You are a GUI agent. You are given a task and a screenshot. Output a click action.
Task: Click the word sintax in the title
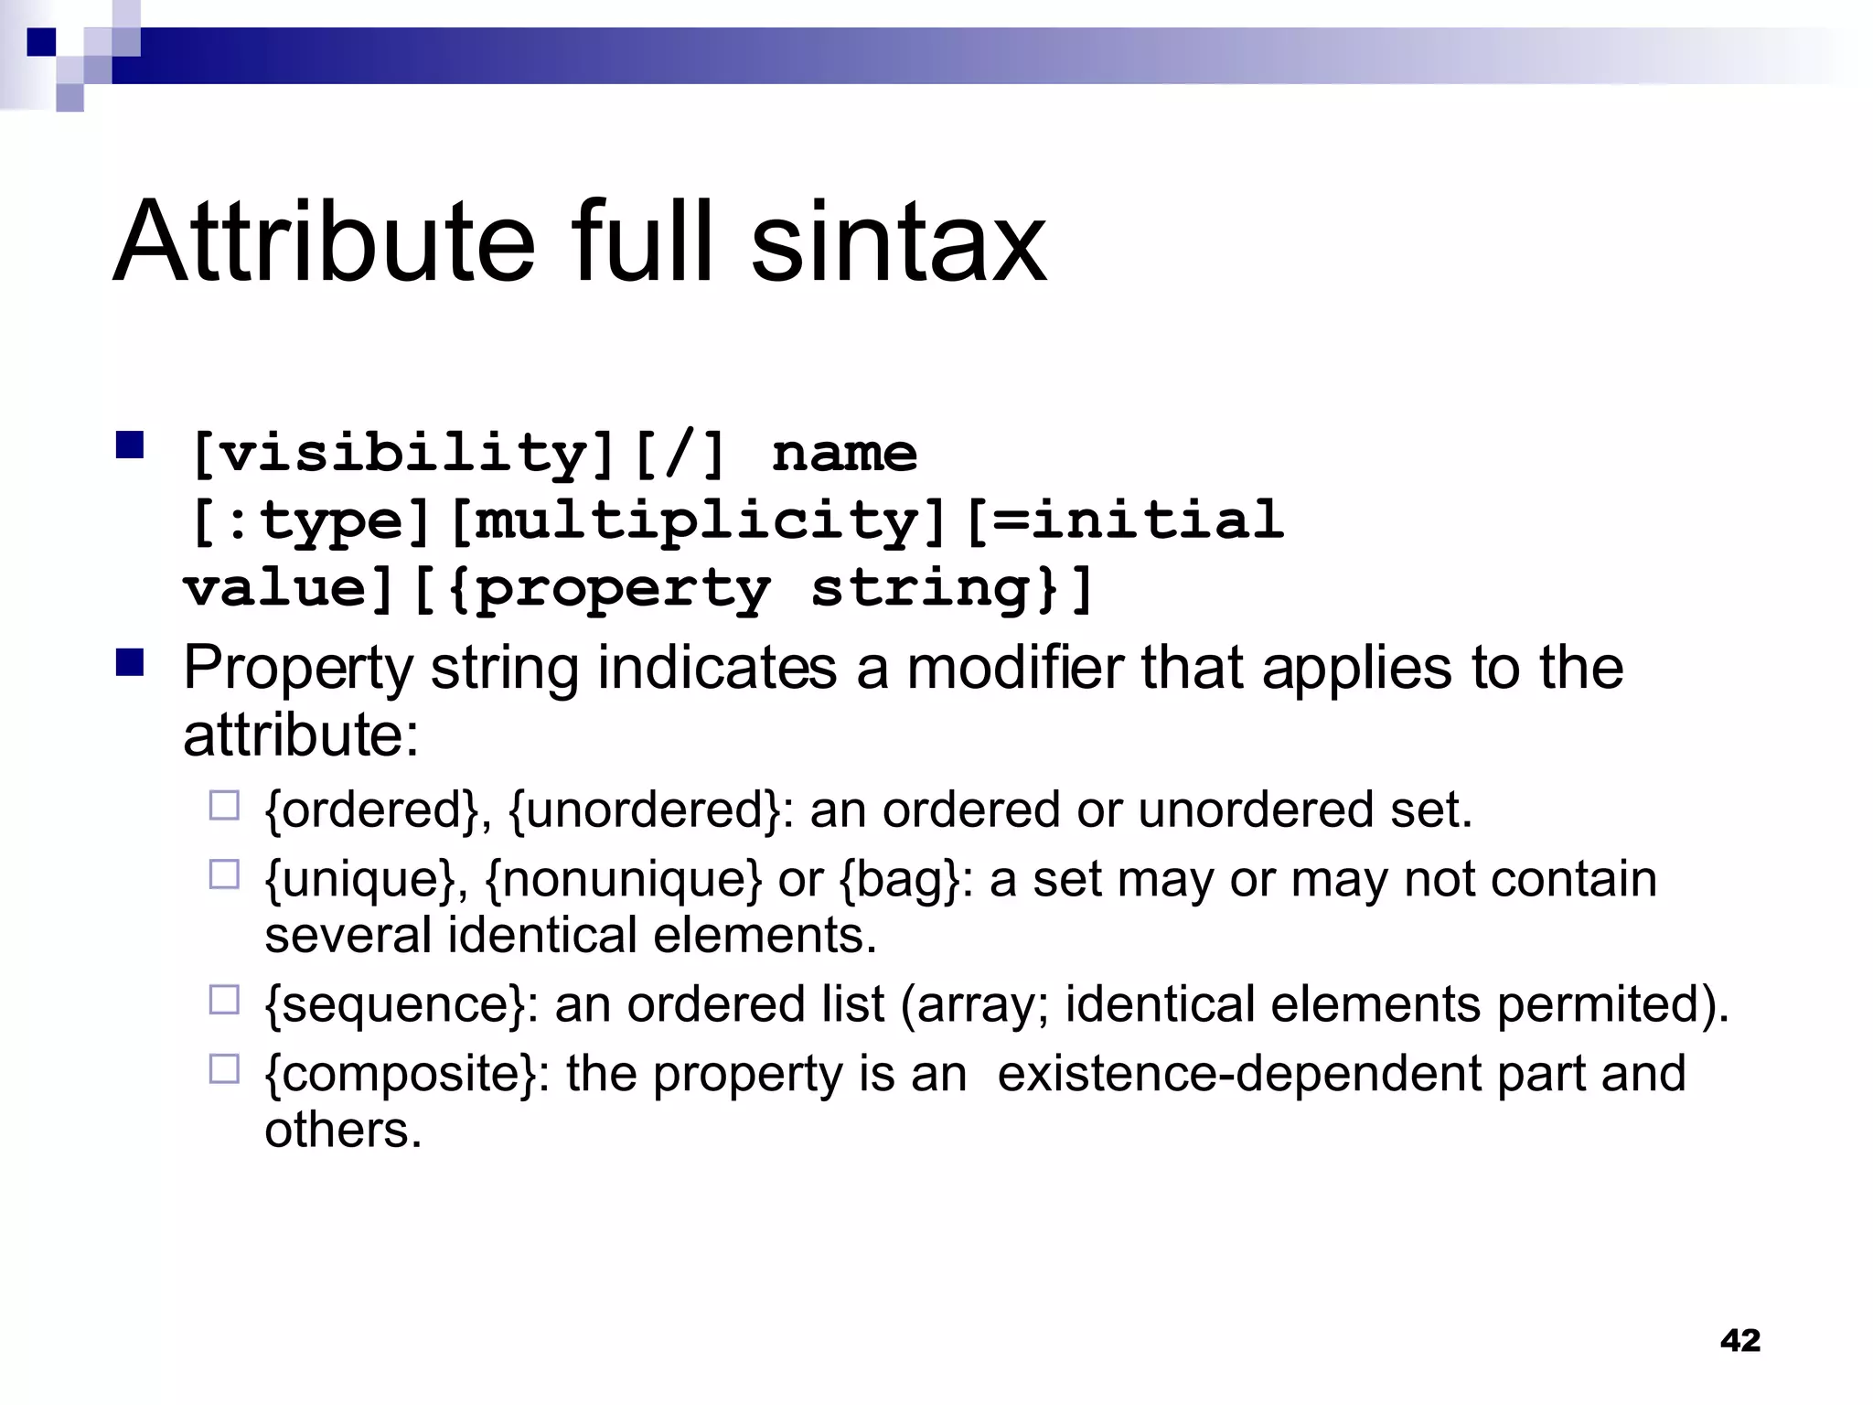898,242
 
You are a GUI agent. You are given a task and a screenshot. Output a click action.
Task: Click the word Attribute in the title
324,242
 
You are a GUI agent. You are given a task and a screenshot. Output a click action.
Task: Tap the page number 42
1739,1341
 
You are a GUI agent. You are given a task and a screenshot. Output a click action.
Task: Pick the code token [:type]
310,521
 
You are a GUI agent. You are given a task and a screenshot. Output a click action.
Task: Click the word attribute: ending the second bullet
301,735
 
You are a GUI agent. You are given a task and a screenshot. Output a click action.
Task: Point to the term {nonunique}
623,880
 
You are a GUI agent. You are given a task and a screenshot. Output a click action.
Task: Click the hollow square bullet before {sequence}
224,1000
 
